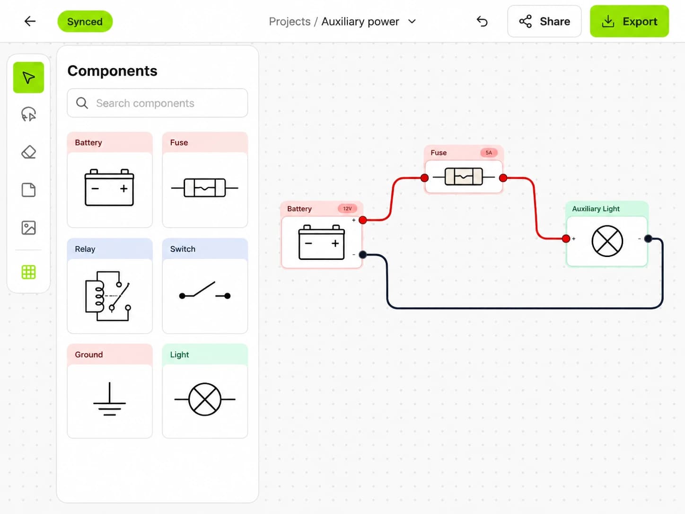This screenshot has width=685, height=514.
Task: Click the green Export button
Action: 629,21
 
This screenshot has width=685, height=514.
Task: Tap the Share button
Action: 544,21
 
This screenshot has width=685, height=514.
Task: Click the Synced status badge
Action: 85,21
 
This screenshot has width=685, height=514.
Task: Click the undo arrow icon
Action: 482,21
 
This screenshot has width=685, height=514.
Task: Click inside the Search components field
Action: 158,103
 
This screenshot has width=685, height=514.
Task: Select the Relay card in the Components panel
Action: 110,286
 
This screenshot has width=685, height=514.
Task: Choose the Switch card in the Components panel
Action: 205,286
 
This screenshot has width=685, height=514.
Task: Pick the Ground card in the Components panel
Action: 110,391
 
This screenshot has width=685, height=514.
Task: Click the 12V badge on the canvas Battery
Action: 347,208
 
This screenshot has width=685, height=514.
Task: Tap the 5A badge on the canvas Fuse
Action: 489,152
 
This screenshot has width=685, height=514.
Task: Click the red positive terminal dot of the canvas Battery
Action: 363,220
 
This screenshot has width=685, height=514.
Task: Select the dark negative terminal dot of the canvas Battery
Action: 363,255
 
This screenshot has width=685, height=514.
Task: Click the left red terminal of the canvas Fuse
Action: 424,178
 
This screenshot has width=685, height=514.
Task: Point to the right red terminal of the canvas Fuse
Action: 503,178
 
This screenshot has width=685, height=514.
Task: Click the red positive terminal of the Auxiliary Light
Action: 566,239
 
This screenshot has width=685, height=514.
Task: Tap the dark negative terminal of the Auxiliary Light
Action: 648,239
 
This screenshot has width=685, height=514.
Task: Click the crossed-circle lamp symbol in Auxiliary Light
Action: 607,241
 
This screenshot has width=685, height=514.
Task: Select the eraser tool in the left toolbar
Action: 28,152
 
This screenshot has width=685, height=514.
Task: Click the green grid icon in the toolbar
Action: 28,272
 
